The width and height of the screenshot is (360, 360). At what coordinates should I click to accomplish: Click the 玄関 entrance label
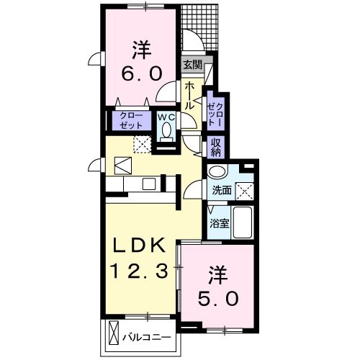(x=192, y=66)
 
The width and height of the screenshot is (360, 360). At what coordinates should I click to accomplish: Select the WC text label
(x=166, y=117)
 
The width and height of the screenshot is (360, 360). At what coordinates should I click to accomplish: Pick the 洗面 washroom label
(x=221, y=191)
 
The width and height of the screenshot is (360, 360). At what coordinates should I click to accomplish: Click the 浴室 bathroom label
(x=219, y=223)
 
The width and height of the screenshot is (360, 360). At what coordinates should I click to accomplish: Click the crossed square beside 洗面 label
(x=247, y=191)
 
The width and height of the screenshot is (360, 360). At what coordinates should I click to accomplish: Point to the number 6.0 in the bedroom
(x=140, y=73)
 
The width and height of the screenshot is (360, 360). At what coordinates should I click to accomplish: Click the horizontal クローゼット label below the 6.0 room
(x=131, y=120)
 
